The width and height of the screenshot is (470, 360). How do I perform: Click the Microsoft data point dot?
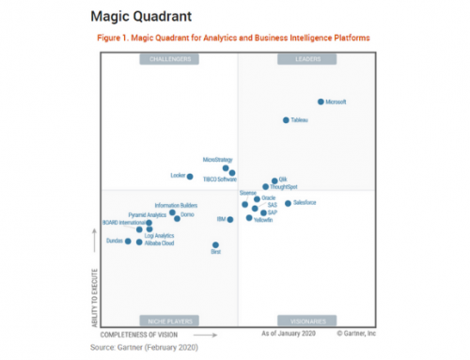pyautogui.click(x=321, y=102)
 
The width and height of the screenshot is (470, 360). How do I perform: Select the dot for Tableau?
pyautogui.click(x=287, y=120)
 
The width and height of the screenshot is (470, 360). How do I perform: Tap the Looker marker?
pyautogui.click(x=190, y=176)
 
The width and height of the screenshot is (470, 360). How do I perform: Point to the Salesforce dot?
pyautogui.click(x=288, y=203)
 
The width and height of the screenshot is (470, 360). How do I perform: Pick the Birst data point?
pyautogui.click(x=216, y=245)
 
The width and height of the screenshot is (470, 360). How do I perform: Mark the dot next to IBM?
pyautogui.click(x=230, y=220)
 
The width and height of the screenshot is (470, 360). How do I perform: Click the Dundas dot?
pyautogui.click(x=129, y=242)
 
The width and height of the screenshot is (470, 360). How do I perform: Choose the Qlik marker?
pyautogui.click(x=274, y=180)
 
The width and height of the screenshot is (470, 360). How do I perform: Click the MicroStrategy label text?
pyautogui.click(x=217, y=161)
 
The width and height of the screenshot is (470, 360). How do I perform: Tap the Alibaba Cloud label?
pyautogui.click(x=160, y=243)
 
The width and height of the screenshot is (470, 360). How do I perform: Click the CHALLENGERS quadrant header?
pyautogui.click(x=169, y=59)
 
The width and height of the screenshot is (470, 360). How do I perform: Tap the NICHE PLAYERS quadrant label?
pyautogui.click(x=169, y=321)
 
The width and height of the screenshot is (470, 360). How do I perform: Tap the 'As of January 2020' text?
pyautogui.click(x=287, y=334)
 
